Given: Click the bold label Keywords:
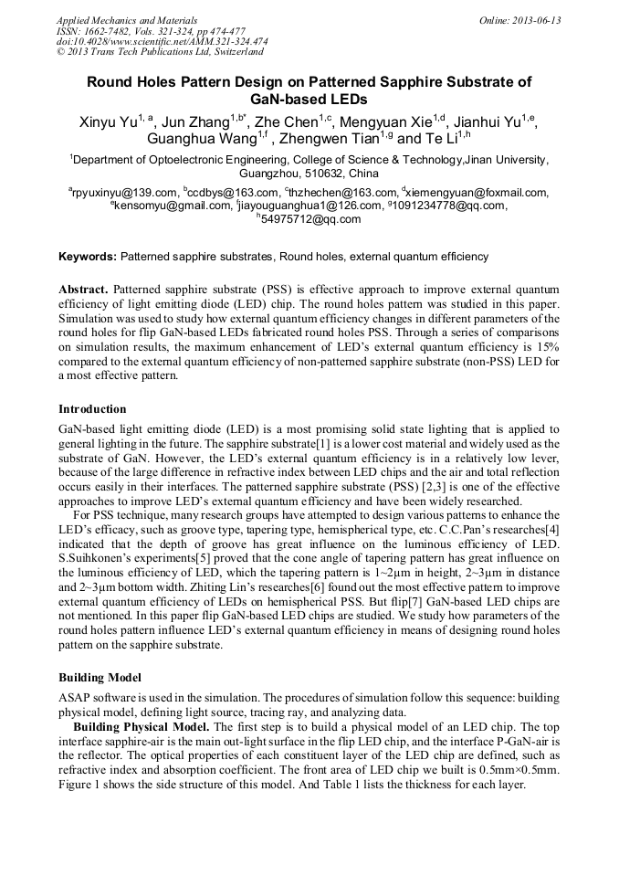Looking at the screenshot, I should click(x=88, y=257).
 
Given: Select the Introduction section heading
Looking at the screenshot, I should click(x=92, y=409).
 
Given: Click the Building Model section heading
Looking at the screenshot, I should click(x=100, y=678).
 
